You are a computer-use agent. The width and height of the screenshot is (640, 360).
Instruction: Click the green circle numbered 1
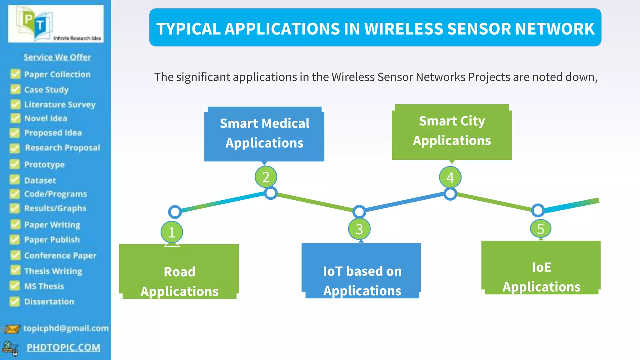tap(172, 232)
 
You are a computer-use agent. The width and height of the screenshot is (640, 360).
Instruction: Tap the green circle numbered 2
tap(266, 177)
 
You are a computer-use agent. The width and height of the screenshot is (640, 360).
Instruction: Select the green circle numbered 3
tap(359, 229)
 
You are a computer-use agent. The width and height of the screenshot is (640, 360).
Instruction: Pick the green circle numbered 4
tap(450, 177)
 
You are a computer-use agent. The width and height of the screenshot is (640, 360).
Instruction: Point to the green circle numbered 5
tap(541, 229)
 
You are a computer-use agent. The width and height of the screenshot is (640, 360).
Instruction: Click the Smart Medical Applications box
tap(264, 134)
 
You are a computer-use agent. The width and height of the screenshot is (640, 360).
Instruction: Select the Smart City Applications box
tap(452, 132)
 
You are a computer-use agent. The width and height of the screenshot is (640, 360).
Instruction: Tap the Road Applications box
tap(179, 272)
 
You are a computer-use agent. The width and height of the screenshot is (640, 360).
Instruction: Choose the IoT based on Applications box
tap(362, 271)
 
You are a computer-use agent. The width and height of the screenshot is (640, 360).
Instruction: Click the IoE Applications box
tap(541, 268)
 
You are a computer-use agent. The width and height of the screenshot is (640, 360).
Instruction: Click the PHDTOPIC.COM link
tap(63, 347)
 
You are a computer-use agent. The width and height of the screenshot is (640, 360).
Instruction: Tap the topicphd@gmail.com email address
tap(66, 328)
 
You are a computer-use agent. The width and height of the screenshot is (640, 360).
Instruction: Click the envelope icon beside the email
tap(12, 329)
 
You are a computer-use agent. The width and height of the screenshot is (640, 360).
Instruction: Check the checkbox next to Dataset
tap(15, 180)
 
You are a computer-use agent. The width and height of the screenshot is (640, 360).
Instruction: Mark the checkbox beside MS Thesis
tap(15, 286)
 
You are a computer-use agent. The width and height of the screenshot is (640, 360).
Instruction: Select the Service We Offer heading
tap(57, 57)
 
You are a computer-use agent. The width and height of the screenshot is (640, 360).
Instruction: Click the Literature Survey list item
tap(60, 104)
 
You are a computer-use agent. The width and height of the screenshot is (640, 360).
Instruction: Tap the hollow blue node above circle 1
tap(175, 212)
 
